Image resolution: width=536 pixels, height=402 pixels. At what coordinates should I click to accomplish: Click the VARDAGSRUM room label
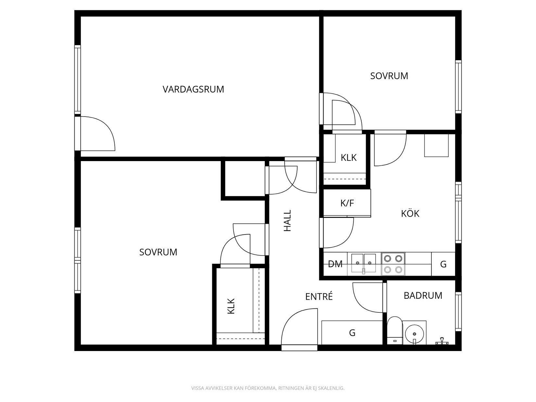[x=193, y=89]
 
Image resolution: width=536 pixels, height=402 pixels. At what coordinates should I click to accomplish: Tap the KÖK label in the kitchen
[x=410, y=213]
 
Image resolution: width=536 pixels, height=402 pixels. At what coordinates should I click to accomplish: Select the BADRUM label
[x=423, y=295]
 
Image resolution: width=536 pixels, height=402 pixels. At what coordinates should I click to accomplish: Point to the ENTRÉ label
[x=319, y=296]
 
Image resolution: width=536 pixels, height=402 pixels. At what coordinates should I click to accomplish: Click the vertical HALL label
[x=287, y=221]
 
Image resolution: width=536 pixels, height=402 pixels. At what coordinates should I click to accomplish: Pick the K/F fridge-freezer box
[x=347, y=203]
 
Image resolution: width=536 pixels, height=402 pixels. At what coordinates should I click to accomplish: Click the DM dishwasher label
[x=335, y=264]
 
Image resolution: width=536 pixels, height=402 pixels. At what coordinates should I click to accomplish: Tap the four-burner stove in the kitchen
[x=393, y=264]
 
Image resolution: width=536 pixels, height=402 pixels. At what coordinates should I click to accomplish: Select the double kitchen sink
[x=364, y=263]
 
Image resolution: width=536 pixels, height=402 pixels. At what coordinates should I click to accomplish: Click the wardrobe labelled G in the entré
[x=352, y=333]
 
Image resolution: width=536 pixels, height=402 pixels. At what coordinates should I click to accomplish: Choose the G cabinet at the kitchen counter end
[x=443, y=264]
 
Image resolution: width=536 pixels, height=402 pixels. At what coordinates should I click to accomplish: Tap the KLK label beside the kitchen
[x=349, y=158]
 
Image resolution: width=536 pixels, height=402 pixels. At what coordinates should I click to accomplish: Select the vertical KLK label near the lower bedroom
[x=231, y=306]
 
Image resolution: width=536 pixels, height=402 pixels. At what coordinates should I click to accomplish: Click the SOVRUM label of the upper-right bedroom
[x=389, y=76]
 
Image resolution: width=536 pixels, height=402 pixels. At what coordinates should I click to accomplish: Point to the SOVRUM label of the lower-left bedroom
[x=158, y=252]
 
